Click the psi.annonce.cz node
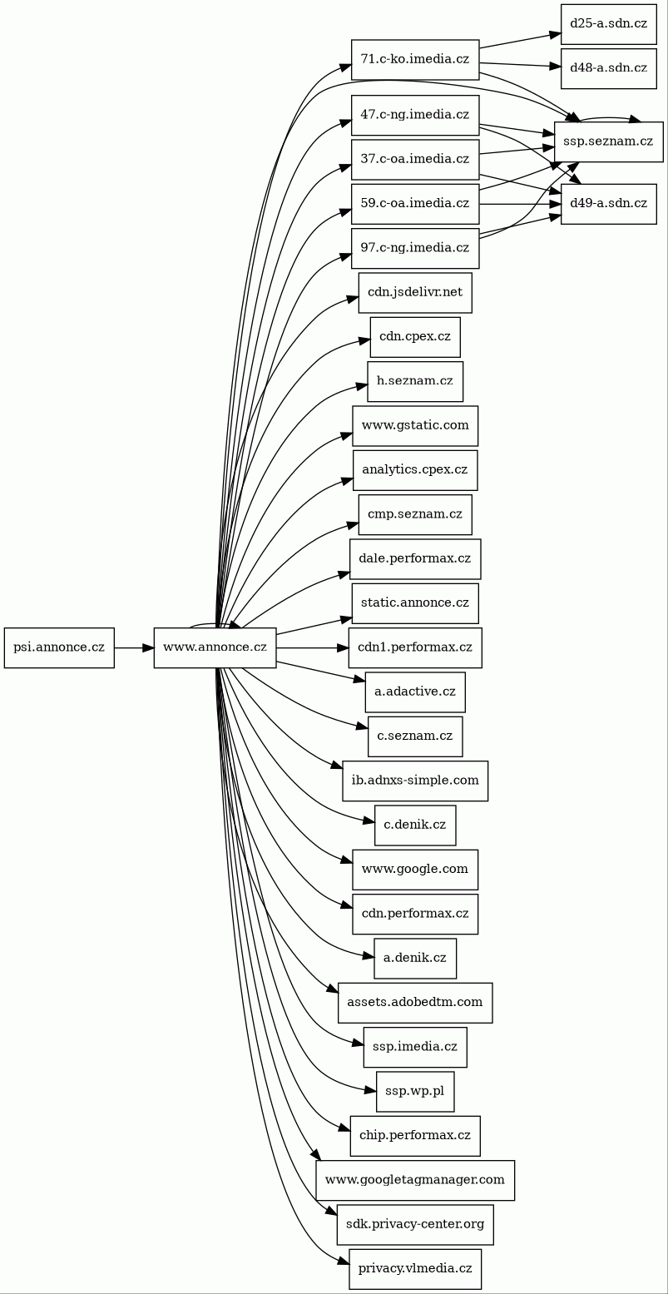[x=59, y=647]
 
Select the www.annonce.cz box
[x=215, y=647]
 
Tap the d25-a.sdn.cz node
[x=608, y=23]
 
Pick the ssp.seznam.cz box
[x=609, y=141]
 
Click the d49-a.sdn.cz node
[x=608, y=204]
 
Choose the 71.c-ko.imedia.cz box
[x=415, y=59]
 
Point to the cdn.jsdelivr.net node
[x=415, y=292]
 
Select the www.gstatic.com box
[x=415, y=425]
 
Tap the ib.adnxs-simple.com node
[x=415, y=781]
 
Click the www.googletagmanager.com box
[x=415, y=1180]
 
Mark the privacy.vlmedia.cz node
[x=415, y=1269]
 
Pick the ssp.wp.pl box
[x=415, y=1091]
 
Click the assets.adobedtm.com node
[x=415, y=1003]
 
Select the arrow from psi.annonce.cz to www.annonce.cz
[x=133, y=647]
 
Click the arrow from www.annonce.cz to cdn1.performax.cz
[x=312, y=647]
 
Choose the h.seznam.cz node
[x=415, y=381]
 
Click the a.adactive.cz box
[x=415, y=692]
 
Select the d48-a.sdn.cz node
[x=608, y=68]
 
